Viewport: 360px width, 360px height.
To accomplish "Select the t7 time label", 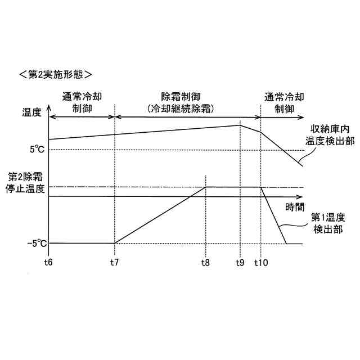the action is [x=114, y=262].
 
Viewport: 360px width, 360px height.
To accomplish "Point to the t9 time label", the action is [x=240, y=262].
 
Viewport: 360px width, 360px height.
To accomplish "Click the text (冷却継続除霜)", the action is [x=182, y=108].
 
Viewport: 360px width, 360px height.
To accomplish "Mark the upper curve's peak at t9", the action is [x=240, y=125].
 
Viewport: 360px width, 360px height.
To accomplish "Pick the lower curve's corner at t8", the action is [x=206, y=187].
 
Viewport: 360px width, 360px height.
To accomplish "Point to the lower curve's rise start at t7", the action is [x=114, y=244].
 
